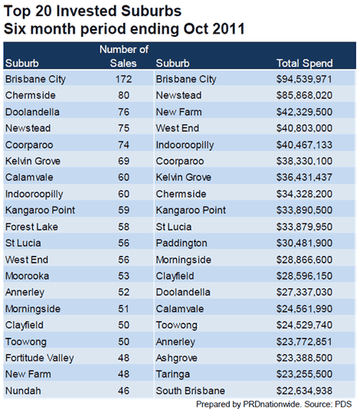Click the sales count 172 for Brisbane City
tap(123, 79)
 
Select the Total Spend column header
tap(304, 63)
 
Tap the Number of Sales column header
tap(123, 56)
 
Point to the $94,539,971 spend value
tap(304, 79)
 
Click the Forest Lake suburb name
tap(31, 227)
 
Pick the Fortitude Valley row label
tap(40, 358)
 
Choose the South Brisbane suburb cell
tap(190, 391)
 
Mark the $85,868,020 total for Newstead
tap(304, 96)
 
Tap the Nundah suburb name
tap(23, 391)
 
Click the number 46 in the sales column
tap(123, 391)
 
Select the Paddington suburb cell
tap(182, 244)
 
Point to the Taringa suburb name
tap(172, 375)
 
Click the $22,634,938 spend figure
tap(304, 391)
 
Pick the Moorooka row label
tap(27, 276)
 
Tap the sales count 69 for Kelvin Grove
tap(123, 161)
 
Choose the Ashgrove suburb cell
tap(176, 358)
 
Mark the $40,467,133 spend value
tap(304, 145)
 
